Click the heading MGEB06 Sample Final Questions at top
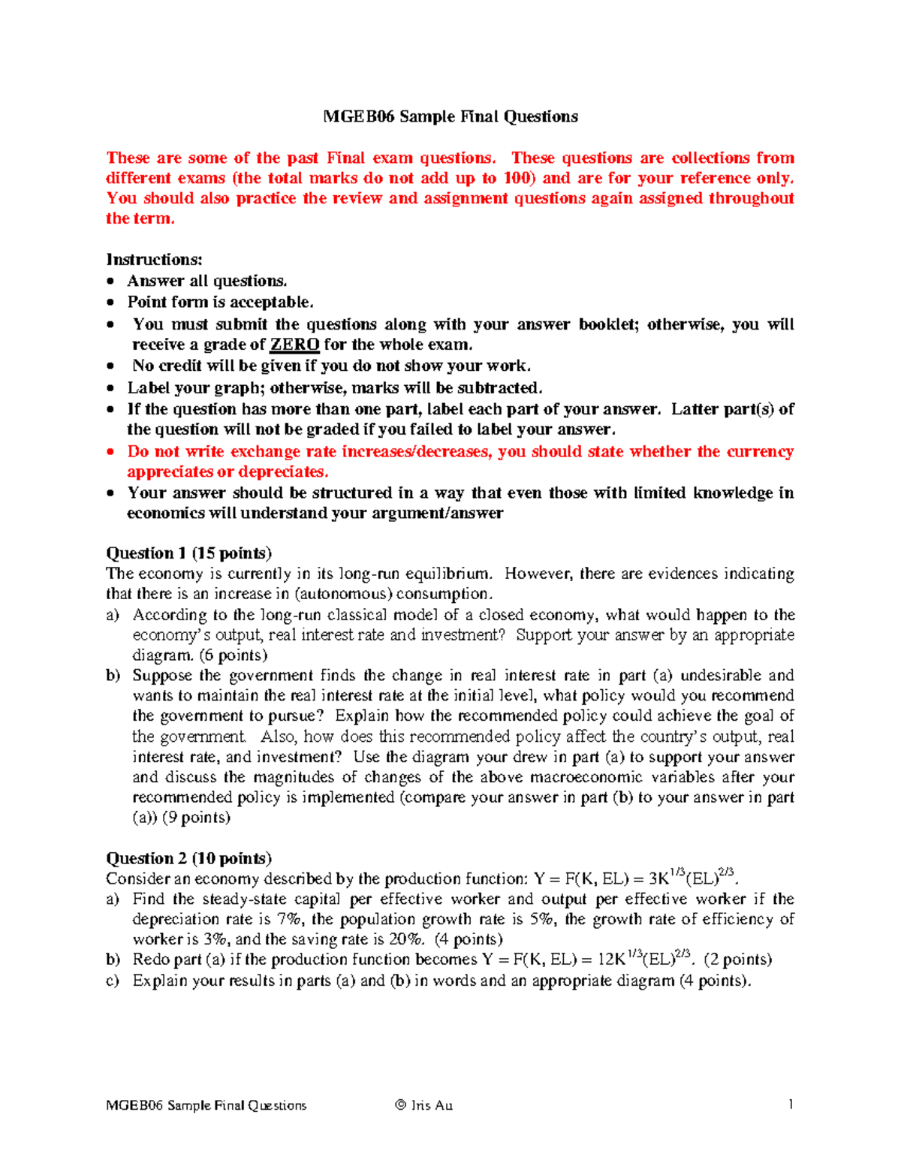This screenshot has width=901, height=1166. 450,116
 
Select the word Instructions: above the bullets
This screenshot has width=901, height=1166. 154,260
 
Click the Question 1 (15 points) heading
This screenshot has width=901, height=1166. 188,553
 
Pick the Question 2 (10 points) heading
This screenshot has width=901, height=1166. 188,858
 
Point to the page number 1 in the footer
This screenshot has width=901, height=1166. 790,1104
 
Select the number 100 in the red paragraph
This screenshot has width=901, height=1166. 517,178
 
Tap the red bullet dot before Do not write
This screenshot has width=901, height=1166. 111,452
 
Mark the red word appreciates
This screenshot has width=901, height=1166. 170,472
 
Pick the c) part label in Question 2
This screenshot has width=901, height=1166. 113,981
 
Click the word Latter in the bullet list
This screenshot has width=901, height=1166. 695,409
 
